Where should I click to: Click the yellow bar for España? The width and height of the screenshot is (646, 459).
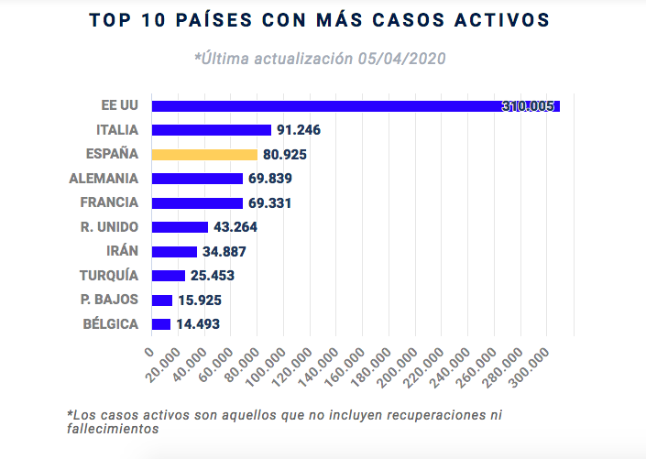pos(204,154)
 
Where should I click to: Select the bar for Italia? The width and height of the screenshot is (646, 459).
pos(212,130)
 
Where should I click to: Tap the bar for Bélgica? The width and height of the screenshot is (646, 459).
pos(161,324)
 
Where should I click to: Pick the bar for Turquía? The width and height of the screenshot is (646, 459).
pos(169,276)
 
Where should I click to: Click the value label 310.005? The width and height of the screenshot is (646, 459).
pos(528,106)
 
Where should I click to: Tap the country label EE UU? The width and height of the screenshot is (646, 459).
pos(120,105)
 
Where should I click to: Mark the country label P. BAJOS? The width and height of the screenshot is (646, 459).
pos(110,300)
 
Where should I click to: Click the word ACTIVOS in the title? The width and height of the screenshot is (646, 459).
pos(496,20)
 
